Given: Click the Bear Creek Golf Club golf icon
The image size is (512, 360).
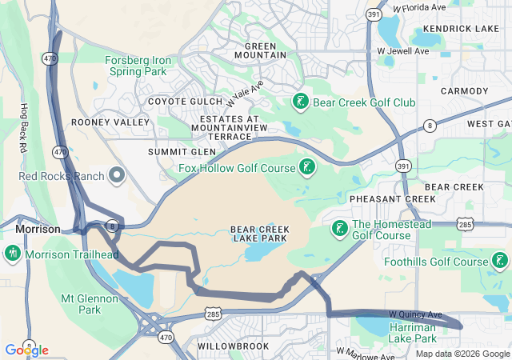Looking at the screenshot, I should [x=300, y=102].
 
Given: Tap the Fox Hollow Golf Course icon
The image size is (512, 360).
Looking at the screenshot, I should [x=306, y=167].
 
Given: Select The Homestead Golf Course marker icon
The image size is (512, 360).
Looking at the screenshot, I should [x=339, y=229].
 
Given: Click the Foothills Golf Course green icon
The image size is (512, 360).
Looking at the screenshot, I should [x=499, y=261].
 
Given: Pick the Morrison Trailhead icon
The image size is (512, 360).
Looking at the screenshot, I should [x=12, y=254].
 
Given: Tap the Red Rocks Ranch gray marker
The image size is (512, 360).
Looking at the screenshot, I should [x=118, y=175].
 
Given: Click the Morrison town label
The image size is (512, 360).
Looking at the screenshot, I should [x=38, y=229].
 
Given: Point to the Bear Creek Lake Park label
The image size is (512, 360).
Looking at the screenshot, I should [x=260, y=234].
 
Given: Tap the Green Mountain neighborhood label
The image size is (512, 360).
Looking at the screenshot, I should [x=260, y=50].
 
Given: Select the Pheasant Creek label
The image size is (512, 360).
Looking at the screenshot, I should [x=381, y=198].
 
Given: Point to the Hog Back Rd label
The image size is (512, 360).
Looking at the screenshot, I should [x=24, y=129].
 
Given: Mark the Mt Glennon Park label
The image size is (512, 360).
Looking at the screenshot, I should [x=90, y=304].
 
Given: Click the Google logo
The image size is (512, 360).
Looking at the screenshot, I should [x=26, y=350].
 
